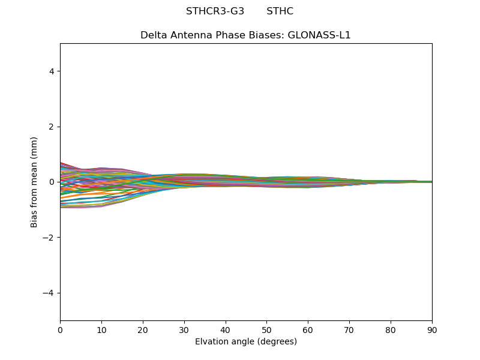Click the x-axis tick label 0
(x=60, y=329)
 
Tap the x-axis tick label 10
(x=101, y=329)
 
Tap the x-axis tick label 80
(x=391, y=329)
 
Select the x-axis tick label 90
(x=432, y=329)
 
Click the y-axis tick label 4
(x=52, y=71)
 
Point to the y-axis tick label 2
(x=52, y=127)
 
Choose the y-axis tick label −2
(x=50, y=238)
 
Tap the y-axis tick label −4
(x=50, y=293)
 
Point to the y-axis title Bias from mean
(x=34, y=182)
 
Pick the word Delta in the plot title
(x=153, y=35)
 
